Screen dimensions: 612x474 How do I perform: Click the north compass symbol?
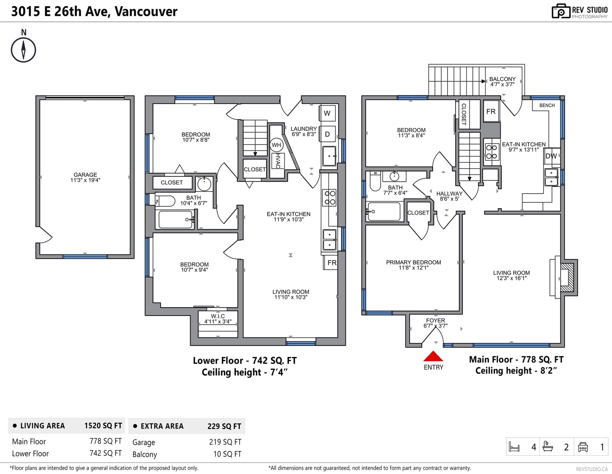(23, 50)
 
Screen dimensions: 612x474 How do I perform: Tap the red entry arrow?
(433, 356)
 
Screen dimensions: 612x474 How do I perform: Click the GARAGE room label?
(85, 174)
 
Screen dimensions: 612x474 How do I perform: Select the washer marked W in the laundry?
(327, 113)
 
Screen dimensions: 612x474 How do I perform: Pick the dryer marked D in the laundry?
(327, 134)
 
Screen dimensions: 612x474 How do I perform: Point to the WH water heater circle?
(276, 145)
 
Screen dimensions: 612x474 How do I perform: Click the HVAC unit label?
(278, 161)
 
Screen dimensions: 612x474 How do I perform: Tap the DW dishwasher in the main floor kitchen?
(551, 156)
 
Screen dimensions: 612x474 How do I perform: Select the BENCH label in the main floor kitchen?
(547, 105)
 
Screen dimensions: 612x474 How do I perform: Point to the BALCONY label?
(503, 79)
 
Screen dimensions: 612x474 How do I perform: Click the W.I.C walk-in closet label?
(218, 316)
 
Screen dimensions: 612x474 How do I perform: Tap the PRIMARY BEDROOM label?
(413, 262)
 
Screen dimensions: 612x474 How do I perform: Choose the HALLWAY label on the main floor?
(449, 194)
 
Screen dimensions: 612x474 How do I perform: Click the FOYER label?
(435, 321)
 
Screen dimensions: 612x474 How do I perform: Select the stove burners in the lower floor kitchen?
(330, 198)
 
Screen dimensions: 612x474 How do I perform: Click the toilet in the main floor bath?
(375, 181)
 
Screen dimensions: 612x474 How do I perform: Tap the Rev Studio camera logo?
(560, 11)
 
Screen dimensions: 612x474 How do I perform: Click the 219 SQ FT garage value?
(225, 442)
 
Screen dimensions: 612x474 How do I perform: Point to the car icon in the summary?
(583, 447)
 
